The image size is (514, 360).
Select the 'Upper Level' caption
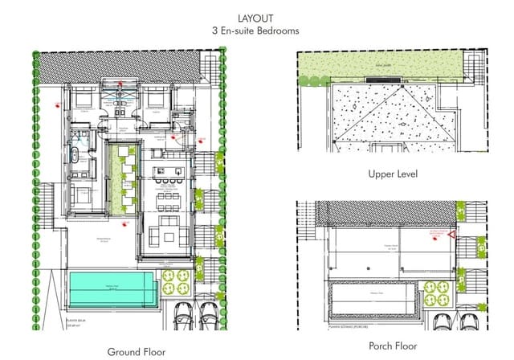[392, 174]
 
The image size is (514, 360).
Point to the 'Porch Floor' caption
[392, 346]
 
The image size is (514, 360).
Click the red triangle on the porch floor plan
[451, 235]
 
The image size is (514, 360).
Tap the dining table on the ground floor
[169, 197]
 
